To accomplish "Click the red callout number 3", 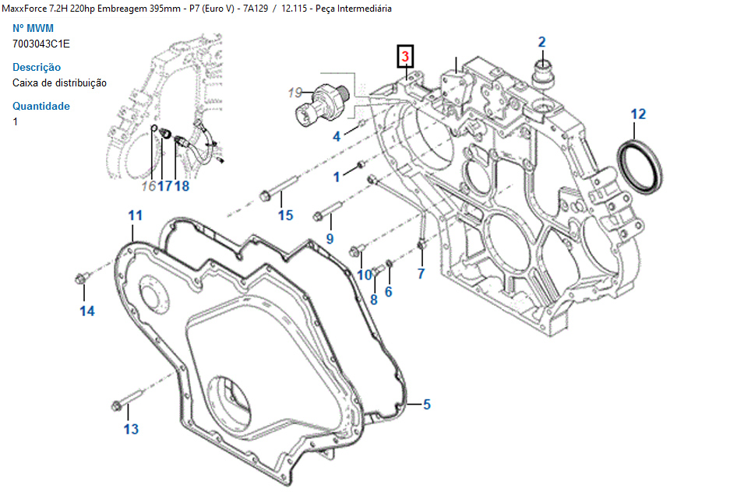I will [x=405, y=56].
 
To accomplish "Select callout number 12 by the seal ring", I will [x=638, y=114].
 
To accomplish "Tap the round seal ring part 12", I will [x=641, y=167].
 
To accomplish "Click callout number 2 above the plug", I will [x=542, y=42].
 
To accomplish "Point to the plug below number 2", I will [x=542, y=72].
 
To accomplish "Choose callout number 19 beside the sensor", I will [x=294, y=93].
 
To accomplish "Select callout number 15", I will [x=286, y=215].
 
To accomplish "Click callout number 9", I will [x=330, y=238].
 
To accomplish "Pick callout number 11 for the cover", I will [x=136, y=214].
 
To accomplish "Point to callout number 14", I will [x=87, y=311].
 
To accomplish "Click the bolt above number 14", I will [x=81, y=279].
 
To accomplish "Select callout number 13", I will [x=131, y=429].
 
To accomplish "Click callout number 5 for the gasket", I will [x=427, y=404].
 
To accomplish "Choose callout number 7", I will [x=421, y=273].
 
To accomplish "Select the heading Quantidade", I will [x=41, y=106].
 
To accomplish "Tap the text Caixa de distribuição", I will [x=60, y=82].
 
